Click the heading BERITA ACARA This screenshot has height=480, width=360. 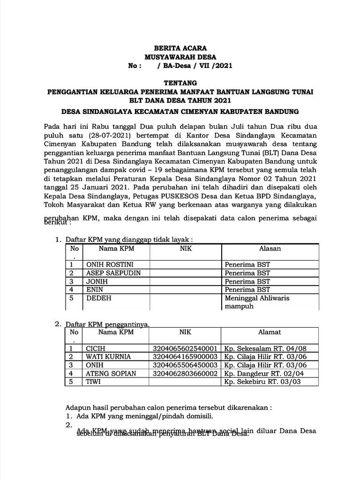[x=180, y=48]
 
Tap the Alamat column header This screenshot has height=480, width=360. [x=270, y=332]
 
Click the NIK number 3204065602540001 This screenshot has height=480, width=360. [x=184, y=349]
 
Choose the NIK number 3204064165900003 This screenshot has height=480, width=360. [x=184, y=357]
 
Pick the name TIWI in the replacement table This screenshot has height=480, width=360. [x=93, y=382]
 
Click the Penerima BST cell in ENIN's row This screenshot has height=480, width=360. [x=247, y=290]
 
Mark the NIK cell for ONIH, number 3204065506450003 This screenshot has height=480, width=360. [x=184, y=365]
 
